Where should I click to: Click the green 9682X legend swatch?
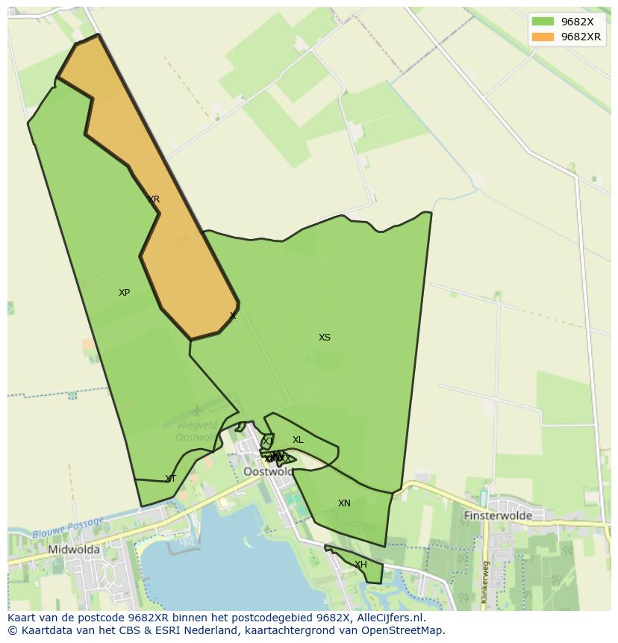543,22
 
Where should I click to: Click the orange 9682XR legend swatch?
543,37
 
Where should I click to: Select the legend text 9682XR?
581,37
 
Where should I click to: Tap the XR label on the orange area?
154,199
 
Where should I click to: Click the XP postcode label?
124,293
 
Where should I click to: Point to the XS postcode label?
325,338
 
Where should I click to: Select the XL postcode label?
298,440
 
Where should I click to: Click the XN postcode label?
344,503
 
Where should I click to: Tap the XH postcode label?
360,565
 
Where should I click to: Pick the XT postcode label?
171,479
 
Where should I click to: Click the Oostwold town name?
269,472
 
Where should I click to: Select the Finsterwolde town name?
498,515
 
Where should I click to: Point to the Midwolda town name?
74,550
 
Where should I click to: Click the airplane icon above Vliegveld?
196,410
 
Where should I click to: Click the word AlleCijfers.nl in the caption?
387,618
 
